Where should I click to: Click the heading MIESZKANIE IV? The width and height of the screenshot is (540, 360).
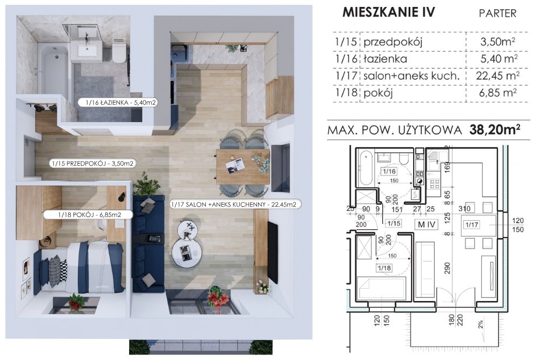pos(389,12)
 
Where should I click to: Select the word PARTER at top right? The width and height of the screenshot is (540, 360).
pos(498,13)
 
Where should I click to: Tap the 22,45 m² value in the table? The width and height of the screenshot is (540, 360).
pos(498,76)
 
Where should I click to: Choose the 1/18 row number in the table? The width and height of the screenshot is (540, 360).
pos(346,92)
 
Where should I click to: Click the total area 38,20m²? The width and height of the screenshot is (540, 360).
pos(495,130)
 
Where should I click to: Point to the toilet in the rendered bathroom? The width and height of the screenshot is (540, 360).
pos(119,51)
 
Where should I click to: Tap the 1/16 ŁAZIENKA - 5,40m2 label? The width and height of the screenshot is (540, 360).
pos(117,102)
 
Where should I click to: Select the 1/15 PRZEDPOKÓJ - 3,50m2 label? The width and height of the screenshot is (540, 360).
pos(92,164)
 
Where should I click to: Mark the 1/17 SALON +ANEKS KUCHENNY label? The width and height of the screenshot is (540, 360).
pos(235,205)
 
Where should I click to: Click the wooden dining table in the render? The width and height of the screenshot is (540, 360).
pos(243,167)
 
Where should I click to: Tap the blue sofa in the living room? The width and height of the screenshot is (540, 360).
pos(148,243)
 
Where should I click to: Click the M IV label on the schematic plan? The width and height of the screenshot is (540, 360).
pos(427,225)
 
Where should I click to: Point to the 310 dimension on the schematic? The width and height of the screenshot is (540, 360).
pos(464,208)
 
